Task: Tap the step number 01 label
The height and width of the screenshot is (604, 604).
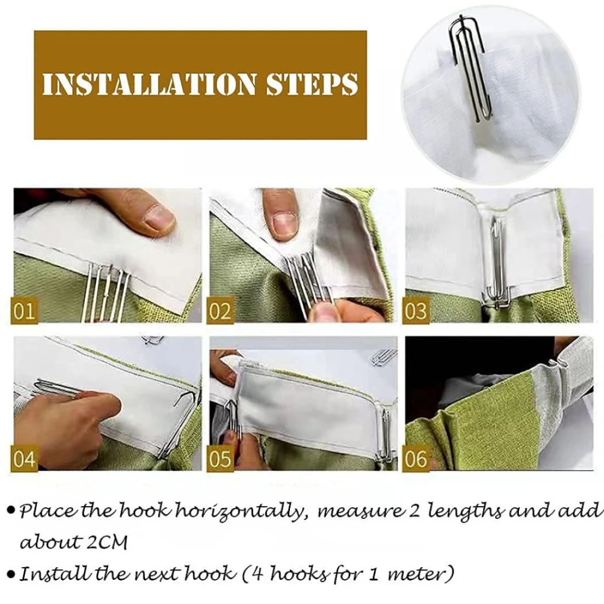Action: (x=24, y=311)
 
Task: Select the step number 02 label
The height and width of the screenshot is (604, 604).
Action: (x=220, y=311)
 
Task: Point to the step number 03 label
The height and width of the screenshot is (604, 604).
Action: (x=416, y=311)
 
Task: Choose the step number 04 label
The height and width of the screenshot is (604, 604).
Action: (x=24, y=458)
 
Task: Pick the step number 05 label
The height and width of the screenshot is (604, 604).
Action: (x=220, y=458)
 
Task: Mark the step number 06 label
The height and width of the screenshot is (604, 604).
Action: (x=416, y=458)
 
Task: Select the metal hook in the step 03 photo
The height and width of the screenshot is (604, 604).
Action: (x=495, y=262)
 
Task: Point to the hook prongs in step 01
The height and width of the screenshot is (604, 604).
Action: (x=107, y=292)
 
